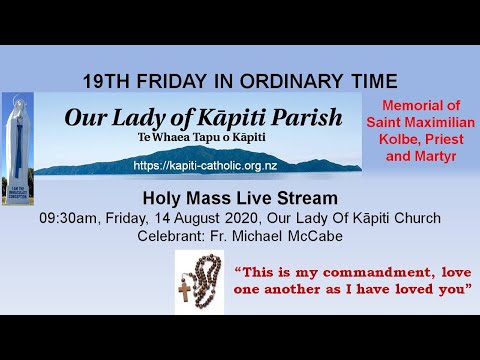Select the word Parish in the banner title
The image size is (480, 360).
tap(309, 117)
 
